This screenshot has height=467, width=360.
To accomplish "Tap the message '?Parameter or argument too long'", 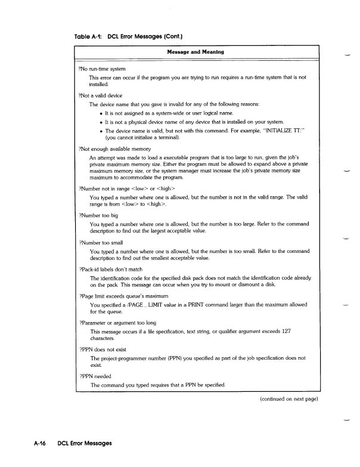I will pyautogui.click(x=119, y=322).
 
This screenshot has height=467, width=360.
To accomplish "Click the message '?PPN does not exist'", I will pyautogui.click(x=105, y=348).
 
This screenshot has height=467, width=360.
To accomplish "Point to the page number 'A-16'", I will pyautogui.click(x=41, y=444).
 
